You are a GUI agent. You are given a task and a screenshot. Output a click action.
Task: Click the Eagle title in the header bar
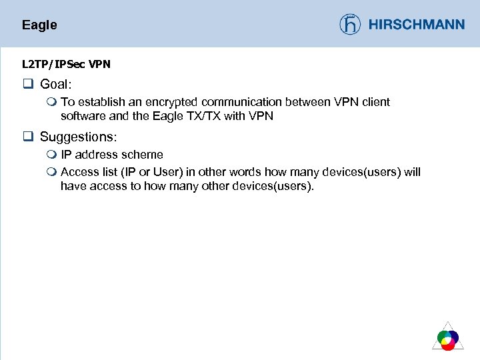click(39, 25)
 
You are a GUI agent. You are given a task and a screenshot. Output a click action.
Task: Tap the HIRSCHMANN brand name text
click(416, 25)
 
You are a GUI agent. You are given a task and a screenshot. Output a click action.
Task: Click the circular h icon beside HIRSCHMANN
click(350, 25)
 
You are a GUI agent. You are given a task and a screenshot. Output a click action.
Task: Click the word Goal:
click(56, 84)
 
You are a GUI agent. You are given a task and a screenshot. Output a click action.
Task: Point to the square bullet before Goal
click(28, 84)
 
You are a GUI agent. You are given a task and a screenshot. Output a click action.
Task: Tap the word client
click(374, 102)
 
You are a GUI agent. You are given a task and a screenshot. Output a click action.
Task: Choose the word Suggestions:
click(78, 137)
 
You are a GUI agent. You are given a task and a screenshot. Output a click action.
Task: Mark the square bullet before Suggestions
click(28, 137)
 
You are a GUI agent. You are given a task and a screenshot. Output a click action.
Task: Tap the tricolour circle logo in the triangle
click(448, 339)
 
